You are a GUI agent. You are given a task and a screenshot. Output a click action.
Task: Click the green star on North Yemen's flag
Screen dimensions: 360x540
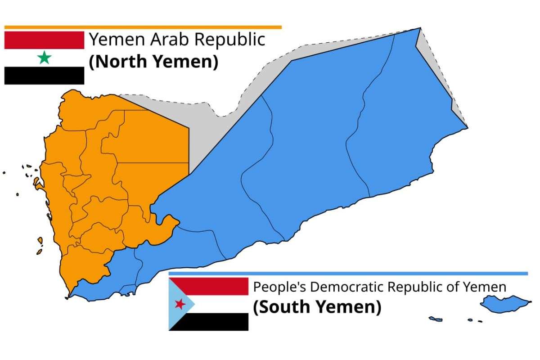[44, 58]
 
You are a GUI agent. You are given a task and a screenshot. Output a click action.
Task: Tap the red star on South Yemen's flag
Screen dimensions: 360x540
[180, 304]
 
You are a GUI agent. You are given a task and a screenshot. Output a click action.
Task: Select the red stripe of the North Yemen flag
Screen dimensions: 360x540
[44, 40]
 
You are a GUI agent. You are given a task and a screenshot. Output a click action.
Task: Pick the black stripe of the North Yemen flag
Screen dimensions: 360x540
[44, 76]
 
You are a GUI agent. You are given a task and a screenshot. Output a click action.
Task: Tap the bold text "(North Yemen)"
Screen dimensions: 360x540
[153, 62]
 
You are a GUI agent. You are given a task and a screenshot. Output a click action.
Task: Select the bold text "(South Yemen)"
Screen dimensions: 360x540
[317, 307]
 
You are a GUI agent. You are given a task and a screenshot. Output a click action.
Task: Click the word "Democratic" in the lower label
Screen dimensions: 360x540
[346, 287]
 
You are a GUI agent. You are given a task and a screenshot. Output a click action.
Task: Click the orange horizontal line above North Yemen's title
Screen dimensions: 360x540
[143, 27]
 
